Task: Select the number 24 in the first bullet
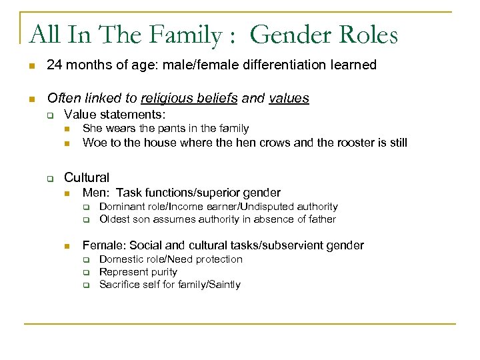pos(54,65)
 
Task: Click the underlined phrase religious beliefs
pos(189,99)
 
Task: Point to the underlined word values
pos(289,99)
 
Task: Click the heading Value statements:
pos(115,115)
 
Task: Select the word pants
pos(157,128)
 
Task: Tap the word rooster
pos(341,142)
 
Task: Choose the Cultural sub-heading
pos(86,177)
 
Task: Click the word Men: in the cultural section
pos(96,193)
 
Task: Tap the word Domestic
pos(120,259)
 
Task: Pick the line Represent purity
pos(138,272)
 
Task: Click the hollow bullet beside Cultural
pos(49,178)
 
